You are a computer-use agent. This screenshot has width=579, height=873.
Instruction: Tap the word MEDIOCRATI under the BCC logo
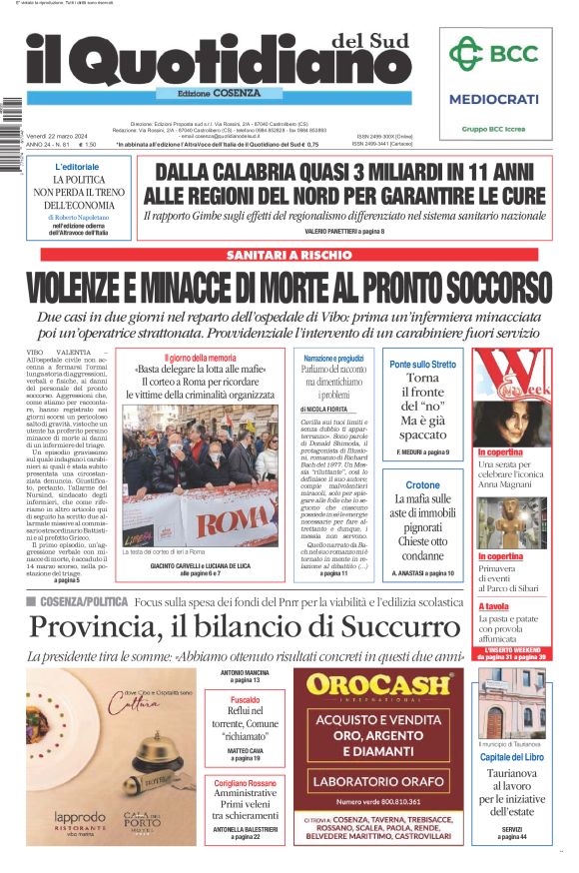pyautogui.click(x=493, y=99)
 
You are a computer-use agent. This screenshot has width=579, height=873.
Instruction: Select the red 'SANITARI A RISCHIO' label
pyautogui.click(x=289, y=255)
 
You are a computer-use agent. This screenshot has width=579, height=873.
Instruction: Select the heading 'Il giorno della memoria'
pyautogui.click(x=201, y=357)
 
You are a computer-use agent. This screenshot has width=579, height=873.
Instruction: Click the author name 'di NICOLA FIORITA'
pyautogui.click(x=324, y=410)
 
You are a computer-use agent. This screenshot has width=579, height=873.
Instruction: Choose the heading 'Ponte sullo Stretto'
pyautogui.click(x=422, y=365)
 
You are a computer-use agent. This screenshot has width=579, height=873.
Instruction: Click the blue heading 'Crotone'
pyautogui.click(x=422, y=485)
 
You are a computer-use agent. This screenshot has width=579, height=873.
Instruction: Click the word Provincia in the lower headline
pyautogui.click(x=96, y=628)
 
